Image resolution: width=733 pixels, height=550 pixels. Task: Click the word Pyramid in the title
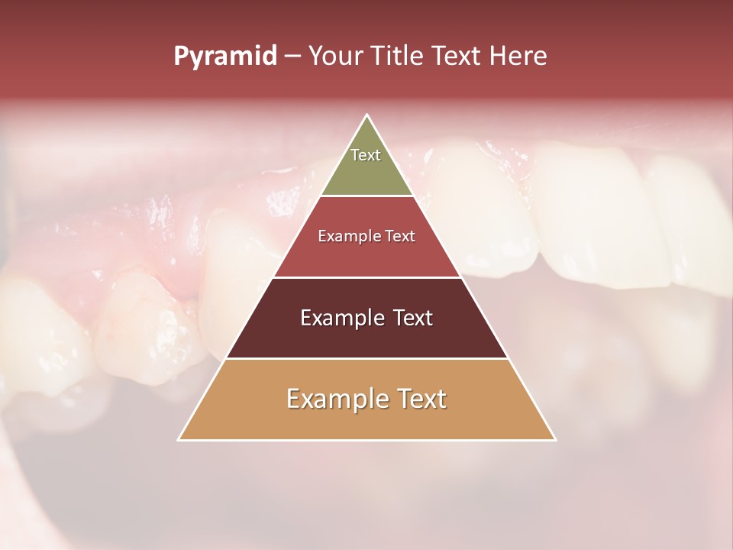pos(225,57)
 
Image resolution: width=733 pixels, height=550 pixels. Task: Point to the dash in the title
pos(292,57)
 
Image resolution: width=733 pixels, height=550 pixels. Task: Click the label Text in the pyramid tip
pos(366,155)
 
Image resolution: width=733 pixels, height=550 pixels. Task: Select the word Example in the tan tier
pos(336,399)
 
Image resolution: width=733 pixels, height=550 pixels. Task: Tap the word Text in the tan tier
pos(420,399)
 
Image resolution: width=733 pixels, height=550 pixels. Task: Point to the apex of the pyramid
pos(367,115)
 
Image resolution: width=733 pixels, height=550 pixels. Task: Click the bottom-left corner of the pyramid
pos(179,439)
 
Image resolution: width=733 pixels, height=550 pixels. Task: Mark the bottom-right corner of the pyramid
pos(555,439)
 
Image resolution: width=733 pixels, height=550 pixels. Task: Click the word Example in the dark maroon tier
pos(341,318)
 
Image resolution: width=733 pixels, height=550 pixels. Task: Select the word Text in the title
pos(458,57)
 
